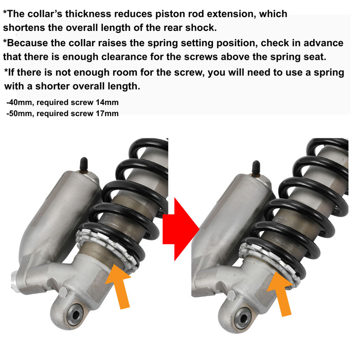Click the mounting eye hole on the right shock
coord(242,318)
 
